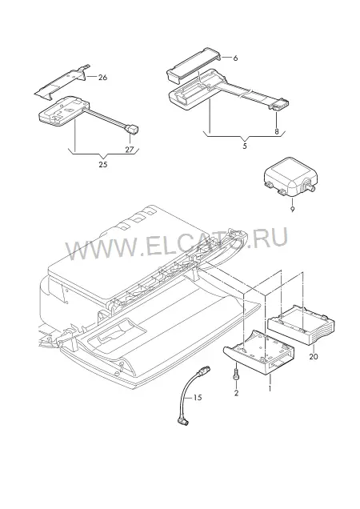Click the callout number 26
click(x=102, y=78)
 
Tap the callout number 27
click(x=130, y=150)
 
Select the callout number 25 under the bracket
click(x=103, y=164)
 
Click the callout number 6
click(x=235, y=58)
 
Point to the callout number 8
click(x=277, y=131)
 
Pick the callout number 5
click(x=245, y=146)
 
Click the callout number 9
click(x=292, y=210)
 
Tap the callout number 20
click(x=314, y=356)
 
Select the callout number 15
click(x=198, y=397)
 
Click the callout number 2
click(x=236, y=393)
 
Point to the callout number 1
click(x=269, y=387)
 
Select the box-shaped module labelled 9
click(x=290, y=182)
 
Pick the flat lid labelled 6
click(x=194, y=65)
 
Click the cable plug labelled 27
click(x=132, y=129)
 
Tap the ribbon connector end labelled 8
click(x=279, y=105)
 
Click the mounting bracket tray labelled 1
click(x=259, y=353)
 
